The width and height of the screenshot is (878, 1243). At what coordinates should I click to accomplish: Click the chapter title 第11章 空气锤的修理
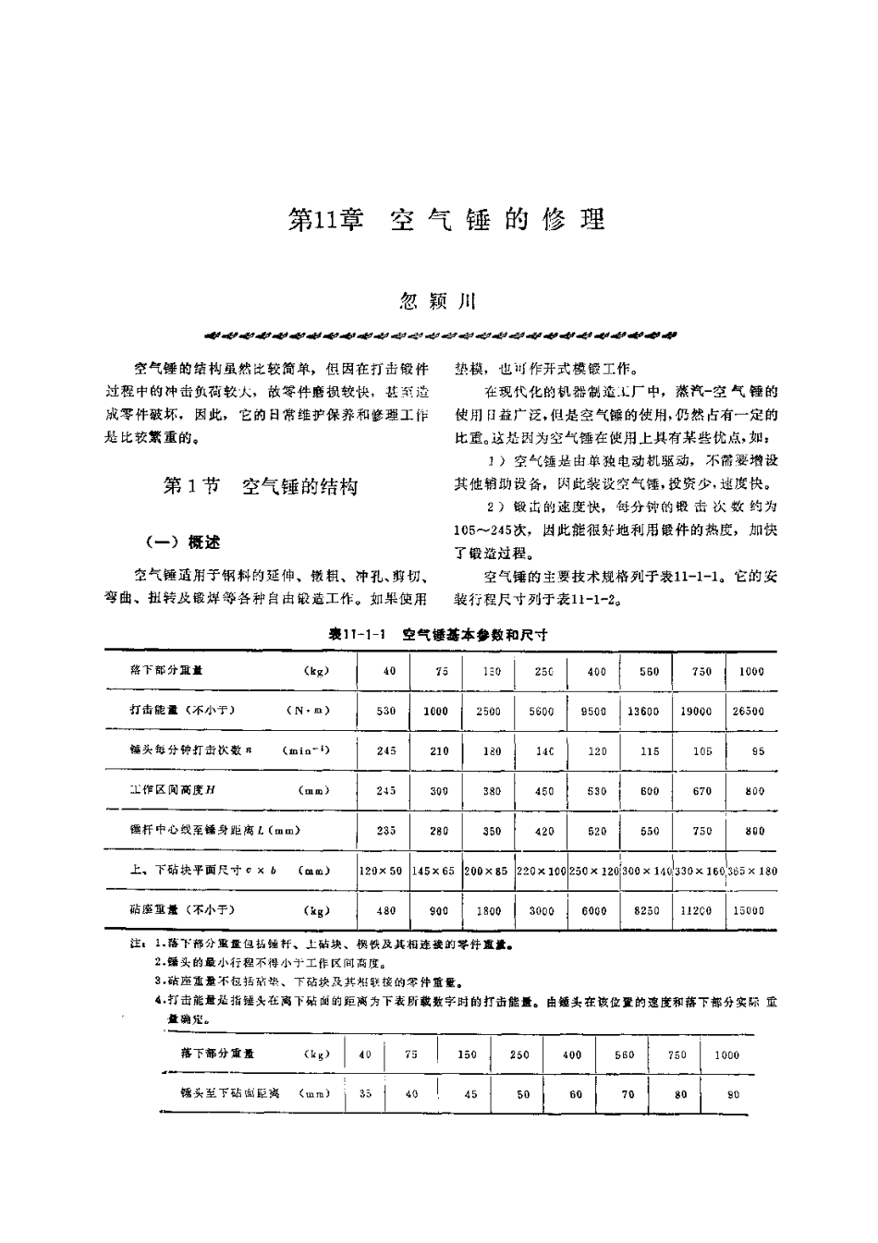pyautogui.click(x=447, y=220)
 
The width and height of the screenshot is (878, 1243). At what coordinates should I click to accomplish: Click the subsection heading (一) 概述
pyautogui.click(x=183, y=542)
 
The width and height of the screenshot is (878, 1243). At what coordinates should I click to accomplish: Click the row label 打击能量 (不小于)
pyautogui.click(x=183, y=711)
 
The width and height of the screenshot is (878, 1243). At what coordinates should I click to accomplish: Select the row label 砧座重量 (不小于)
pyautogui.click(x=183, y=910)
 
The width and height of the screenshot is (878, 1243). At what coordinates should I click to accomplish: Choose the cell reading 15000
pyautogui.click(x=749, y=910)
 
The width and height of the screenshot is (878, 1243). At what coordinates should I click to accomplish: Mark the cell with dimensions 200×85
pyautogui.click(x=487, y=871)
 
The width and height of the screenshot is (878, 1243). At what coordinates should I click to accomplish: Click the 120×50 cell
pyautogui.click(x=381, y=871)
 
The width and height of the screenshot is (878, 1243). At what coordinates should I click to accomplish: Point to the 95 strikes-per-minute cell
pyautogui.click(x=758, y=751)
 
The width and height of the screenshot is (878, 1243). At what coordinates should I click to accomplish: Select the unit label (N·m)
pyautogui.click(x=308, y=711)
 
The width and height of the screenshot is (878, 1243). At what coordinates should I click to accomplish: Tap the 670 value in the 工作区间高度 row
pyautogui.click(x=702, y=791)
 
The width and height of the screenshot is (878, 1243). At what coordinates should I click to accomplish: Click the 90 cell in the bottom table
pyautogui.click(x=734, y=1094)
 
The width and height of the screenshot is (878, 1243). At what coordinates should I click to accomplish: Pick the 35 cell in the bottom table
pyautogui.click(x=365, y=1093)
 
